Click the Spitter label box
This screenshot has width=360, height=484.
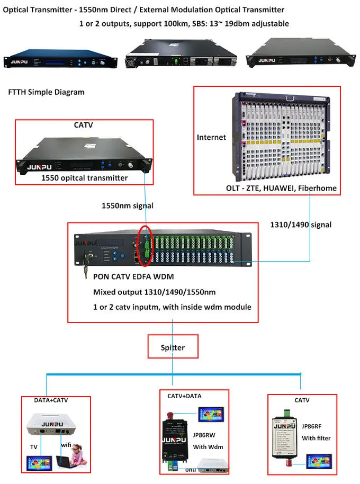174,348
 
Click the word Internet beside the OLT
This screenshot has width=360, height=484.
211,137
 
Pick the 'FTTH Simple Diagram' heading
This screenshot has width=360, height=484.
47,92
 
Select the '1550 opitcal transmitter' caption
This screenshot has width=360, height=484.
85,178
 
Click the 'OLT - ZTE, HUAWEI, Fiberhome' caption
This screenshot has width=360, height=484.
281,189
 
